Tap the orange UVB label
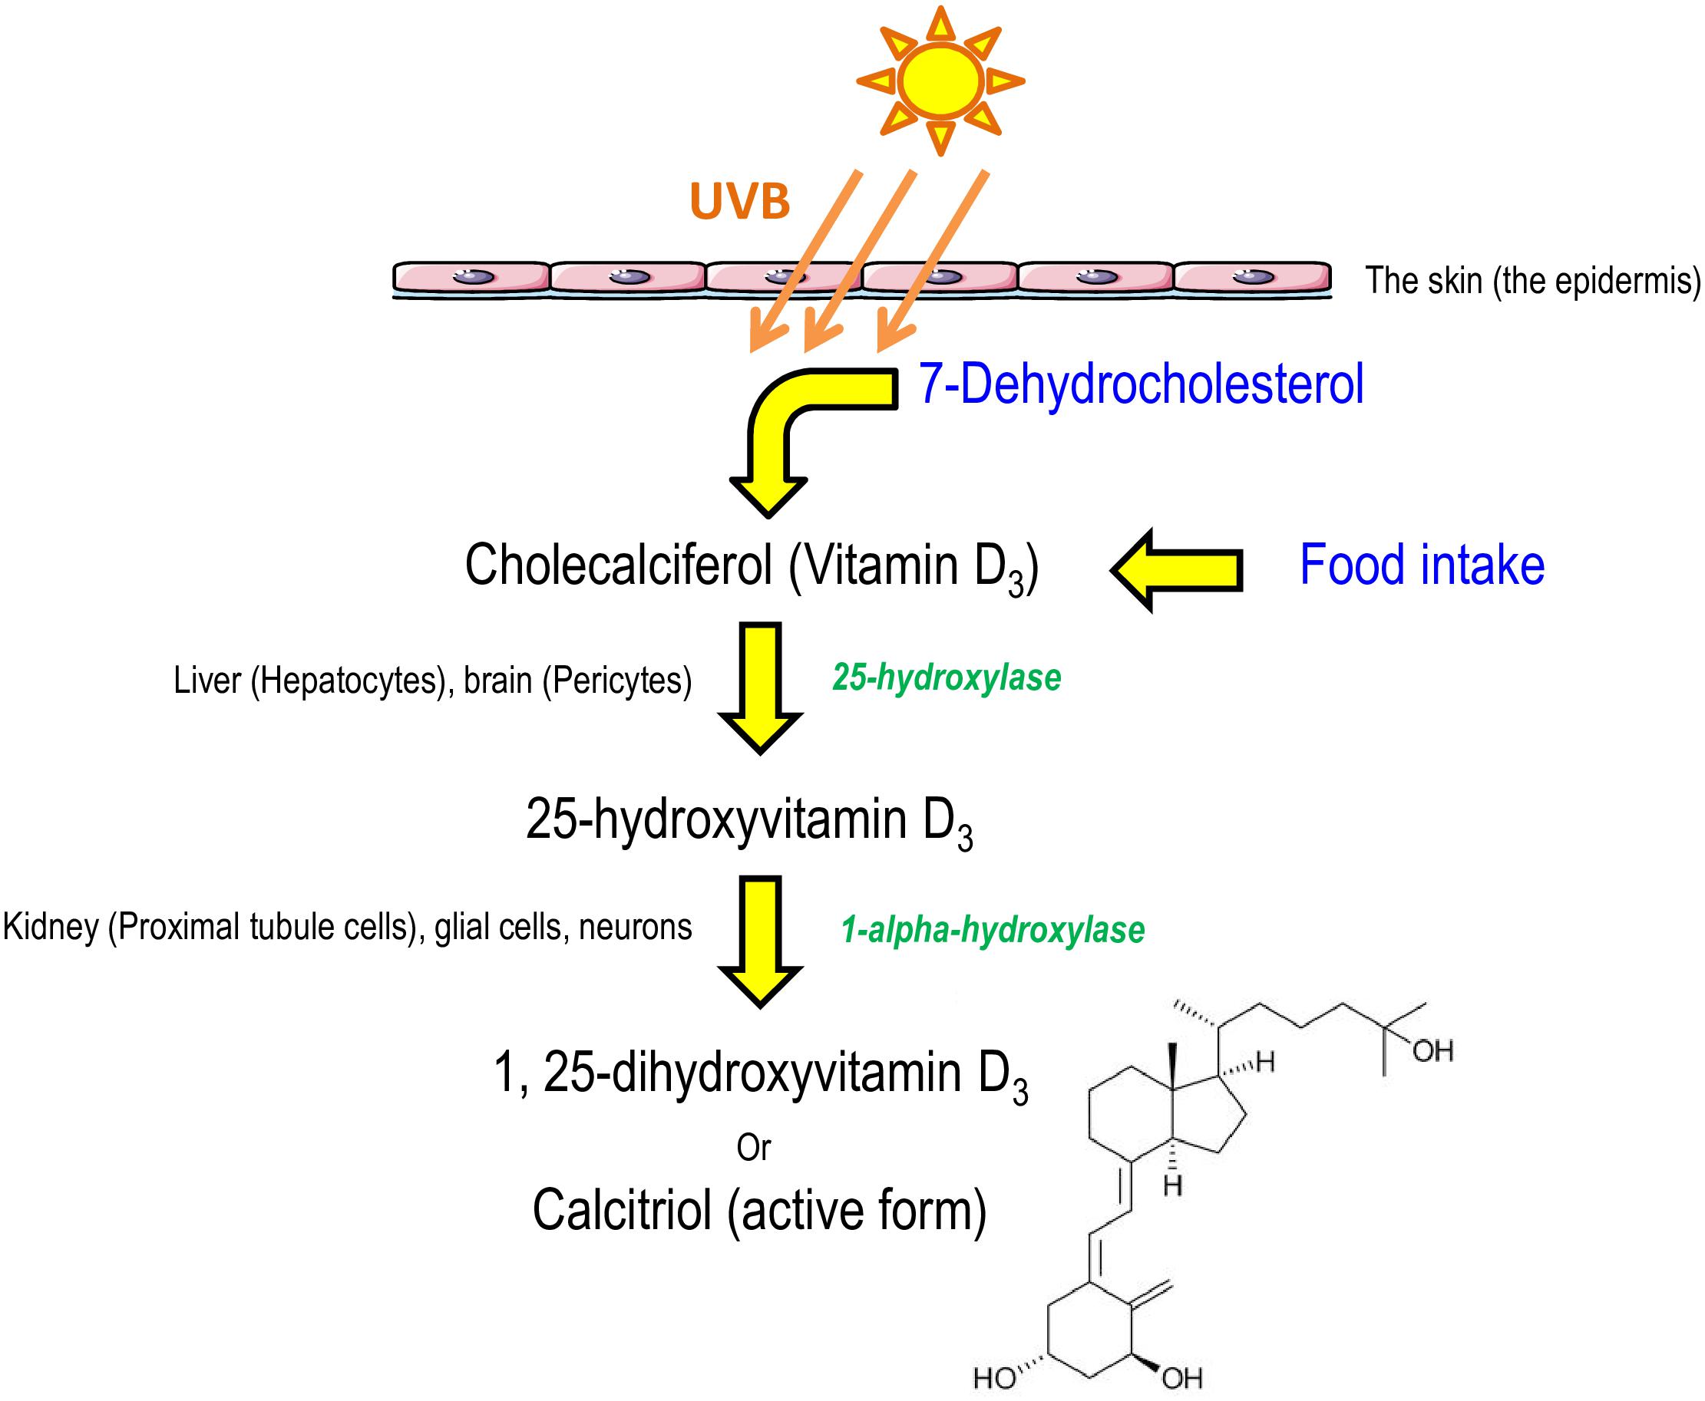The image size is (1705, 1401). tap(739, 201)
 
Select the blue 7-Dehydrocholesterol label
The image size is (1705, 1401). tap(1141, 384)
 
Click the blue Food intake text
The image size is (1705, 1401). tap(1422, 565)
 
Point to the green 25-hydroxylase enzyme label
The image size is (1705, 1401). tap(946, 677)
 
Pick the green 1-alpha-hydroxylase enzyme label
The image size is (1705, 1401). tap(992, 930)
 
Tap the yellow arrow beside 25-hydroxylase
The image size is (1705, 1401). tap(761, 687)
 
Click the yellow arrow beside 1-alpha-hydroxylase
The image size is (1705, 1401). tap(761, 941)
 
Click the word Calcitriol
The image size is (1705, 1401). tap(622, 1211)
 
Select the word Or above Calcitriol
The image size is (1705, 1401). tap(753, 1147)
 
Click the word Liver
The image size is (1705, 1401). tap(207, 681)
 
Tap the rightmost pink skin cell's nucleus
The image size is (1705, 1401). tap(1252, 278)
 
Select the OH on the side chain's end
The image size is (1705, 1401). tap(1432, 1052)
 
